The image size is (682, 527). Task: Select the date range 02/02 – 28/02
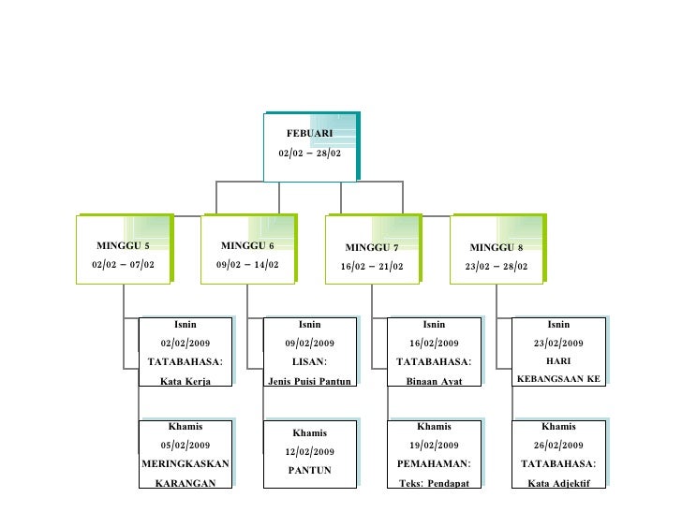point(309,153)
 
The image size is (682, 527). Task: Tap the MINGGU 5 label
point(123,246)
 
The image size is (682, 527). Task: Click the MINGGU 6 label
point(247,245)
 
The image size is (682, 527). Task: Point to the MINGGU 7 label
point(372,248)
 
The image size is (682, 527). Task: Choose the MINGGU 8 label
point(497,248)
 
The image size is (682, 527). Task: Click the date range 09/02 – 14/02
point(247,264)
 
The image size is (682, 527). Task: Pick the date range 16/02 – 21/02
point(372,267)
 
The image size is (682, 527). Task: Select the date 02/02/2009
point(185,344)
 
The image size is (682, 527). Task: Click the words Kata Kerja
point(185,381)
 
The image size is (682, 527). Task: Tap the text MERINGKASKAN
point(185,464)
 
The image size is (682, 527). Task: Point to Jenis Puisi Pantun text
point(309,381)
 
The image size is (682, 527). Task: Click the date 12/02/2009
point(309,452)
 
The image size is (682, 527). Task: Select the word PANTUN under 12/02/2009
point(309,470)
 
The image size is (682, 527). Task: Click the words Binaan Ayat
point(434,381)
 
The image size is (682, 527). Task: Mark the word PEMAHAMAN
point(434,464)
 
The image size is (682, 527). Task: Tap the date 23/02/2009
point(558,344)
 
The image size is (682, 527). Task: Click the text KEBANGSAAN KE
point(558,380)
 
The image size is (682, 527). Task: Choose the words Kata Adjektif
point(558,483)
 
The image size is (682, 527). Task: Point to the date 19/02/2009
point(434,446)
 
